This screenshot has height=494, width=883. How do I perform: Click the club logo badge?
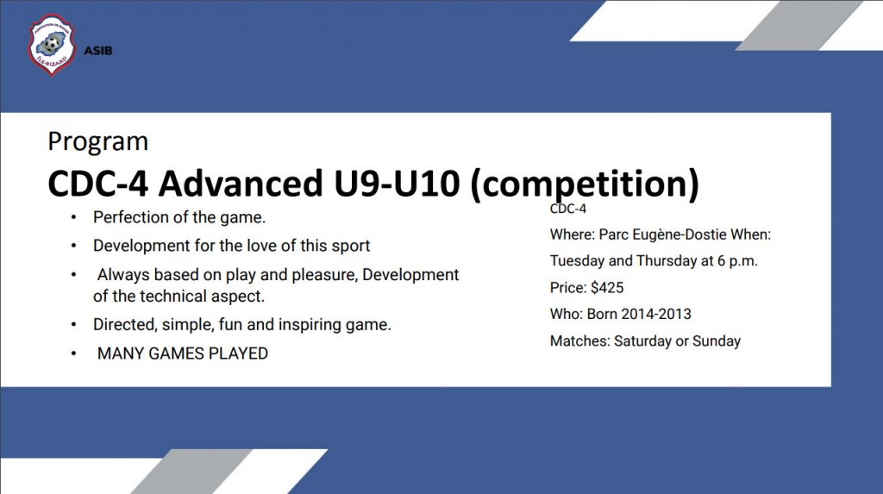pyautogui.click(x=51, y=45)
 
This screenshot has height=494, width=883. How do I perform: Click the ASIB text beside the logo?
pyautogui.click(x=98, y=51)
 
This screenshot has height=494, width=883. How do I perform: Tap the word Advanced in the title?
pyautogui.click(x=241, y=183)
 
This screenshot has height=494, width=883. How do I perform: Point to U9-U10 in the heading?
pyautogui.click(x=397, y=183)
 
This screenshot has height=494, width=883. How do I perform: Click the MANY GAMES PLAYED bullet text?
pyautogui.click(x=183, y=353)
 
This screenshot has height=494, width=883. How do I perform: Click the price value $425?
pyautogui.click(x=607, y=288)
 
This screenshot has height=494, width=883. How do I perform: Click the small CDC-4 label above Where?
pyautogui.click(x=568, y=209)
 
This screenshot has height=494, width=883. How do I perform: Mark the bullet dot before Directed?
pyautogui.click(x=74, y=325)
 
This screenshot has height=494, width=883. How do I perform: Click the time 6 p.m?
pyautogui.click(x=737, y=261)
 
